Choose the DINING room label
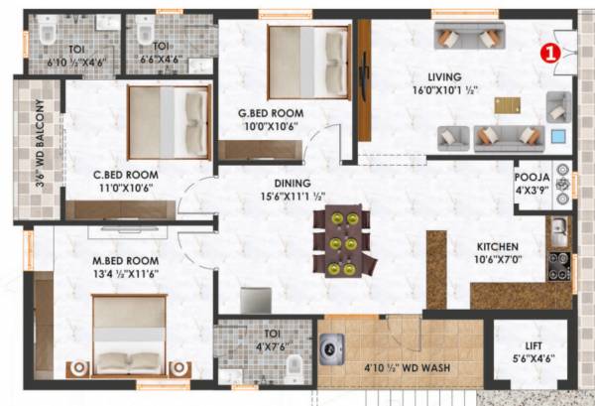pyautogui.click(x=294, y=183)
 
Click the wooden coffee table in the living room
pyautogui.click(x=506, y=105)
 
